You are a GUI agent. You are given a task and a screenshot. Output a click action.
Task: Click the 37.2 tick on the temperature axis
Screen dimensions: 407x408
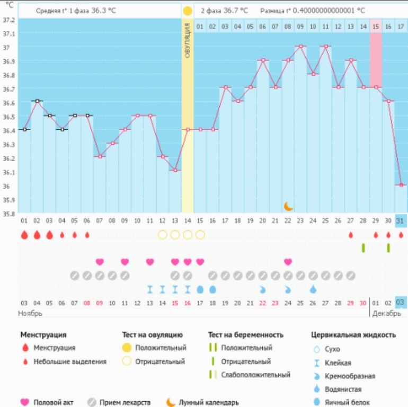tap(8, 20)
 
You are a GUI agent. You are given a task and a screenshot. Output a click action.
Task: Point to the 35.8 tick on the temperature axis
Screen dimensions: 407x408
tap(8, 214)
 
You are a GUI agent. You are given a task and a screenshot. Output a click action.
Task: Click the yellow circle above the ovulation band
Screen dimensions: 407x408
tap(188, 11)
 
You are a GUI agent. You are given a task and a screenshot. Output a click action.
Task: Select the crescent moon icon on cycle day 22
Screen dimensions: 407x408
tap(288, 206)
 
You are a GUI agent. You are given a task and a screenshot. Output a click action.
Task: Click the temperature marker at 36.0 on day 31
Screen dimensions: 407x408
tap(401, 185)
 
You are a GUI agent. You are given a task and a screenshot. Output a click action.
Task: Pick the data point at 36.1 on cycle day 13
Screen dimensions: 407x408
tap(175, 171)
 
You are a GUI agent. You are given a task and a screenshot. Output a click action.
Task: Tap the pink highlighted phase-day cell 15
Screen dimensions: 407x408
tap(376, 26)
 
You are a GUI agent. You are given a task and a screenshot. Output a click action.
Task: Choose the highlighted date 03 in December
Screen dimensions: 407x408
tap(401, 303)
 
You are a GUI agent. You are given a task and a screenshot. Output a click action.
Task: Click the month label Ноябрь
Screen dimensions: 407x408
tap(30, 314)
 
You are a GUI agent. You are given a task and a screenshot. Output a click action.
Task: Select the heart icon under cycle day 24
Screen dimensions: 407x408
tap(288, 261)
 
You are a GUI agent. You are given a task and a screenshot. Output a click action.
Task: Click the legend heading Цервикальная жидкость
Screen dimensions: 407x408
tap(353, 335)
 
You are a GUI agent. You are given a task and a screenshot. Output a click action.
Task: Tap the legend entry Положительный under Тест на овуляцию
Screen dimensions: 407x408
tap(161, 348)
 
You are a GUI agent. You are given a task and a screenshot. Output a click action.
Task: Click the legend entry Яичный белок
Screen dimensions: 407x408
tap(347, 403)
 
